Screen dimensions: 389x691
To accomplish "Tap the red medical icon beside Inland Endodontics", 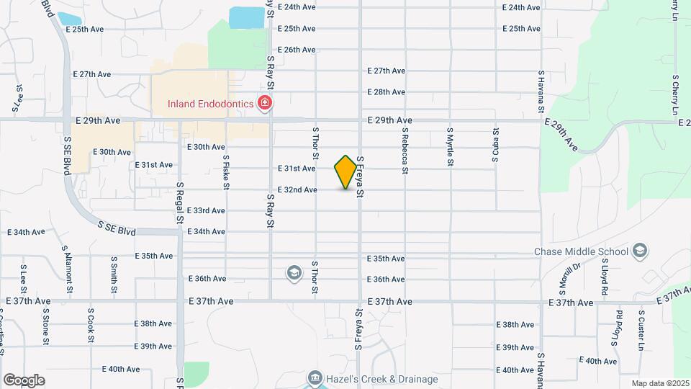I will (265, 104).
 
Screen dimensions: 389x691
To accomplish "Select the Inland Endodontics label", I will (210, 104).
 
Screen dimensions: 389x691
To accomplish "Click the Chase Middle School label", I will (582, 251).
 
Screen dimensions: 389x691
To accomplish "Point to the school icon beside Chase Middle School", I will (640, 251).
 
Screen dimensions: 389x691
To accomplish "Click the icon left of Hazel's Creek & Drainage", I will (315, 378).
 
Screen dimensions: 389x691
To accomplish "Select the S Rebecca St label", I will (405, 151).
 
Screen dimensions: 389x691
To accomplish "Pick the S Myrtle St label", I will (450, 147).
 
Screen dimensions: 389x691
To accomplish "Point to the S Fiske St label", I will (226, 173).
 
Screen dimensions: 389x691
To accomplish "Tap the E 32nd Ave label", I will (297, 189).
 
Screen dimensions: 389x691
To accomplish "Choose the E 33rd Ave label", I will (206, 210).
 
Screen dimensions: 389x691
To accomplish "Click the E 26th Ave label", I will (297, 50).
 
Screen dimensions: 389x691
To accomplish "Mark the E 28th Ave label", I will (387, 92).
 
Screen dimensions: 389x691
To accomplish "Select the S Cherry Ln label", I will (675, 94).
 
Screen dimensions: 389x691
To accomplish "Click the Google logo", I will (24, 380).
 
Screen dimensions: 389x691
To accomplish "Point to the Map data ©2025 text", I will (659, 383).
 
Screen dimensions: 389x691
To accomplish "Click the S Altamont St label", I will (68, 270).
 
